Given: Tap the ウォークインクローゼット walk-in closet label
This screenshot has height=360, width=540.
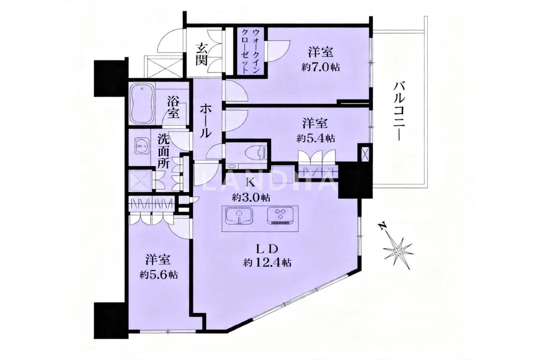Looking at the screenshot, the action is click(251, 51).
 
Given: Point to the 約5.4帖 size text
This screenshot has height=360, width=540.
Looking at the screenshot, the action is click(315, 139).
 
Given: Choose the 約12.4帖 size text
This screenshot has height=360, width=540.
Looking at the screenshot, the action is click(267, 262).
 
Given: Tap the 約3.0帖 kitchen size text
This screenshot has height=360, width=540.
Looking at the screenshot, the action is click(251, 198).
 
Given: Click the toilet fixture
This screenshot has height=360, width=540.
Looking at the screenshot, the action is click(256, 154).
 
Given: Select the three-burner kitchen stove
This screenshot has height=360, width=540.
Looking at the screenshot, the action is click(280, 217).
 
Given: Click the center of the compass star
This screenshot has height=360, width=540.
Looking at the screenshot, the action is click(398, 252).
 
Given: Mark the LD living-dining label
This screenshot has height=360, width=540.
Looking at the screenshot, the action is click(267, 249).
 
